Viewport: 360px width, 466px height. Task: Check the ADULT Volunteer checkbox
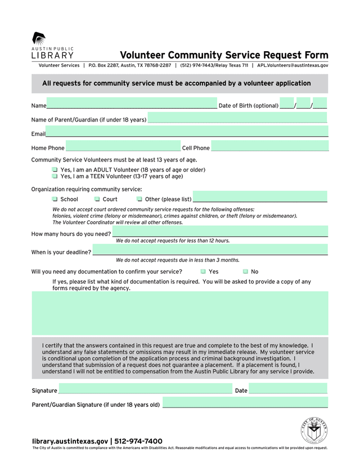click(55, 170)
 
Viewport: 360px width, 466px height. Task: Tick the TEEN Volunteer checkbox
click(55, 177)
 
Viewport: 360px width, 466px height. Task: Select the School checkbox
click(55, 199)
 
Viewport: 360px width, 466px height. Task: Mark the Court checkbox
click(97, 199)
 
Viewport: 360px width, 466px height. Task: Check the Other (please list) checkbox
click(139, 199)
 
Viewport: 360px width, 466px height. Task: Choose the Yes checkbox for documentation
click(203, 272)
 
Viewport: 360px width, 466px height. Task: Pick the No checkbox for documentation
click(245, 272)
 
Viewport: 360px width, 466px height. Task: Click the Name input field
click(132, 104)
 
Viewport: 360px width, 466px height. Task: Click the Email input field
click(187, 132)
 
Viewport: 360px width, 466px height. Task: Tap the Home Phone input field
click(123, 146)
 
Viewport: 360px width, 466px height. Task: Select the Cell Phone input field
click(270, 146)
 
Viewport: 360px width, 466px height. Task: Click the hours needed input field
click(220, 232)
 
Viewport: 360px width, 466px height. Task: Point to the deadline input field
click(210, 250)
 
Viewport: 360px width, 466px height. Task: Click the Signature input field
click(145, 388)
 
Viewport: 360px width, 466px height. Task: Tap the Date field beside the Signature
click(288, 388)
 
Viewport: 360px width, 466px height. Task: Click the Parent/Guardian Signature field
click(245, 402)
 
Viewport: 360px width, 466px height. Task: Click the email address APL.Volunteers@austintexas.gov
click(292, 65)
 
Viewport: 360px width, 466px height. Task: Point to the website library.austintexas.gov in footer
click(70, 441)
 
